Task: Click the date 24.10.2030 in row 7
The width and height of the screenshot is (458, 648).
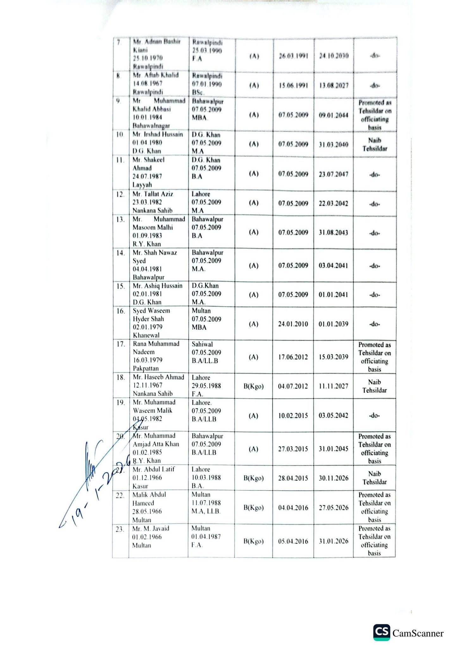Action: pos(334,56)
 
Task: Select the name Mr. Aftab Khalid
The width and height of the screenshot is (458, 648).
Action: pos(156,75)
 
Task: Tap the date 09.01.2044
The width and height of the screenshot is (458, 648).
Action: pos(334,115)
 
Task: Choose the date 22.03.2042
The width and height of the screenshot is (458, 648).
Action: pos(334,203)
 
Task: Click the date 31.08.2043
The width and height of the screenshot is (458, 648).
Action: pos(334,233)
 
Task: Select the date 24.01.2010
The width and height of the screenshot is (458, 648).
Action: pos(293,324)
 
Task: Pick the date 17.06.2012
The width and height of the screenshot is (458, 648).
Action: pos(293,357)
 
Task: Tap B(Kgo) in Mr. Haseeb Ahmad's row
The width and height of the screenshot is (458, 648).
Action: pos(254,386)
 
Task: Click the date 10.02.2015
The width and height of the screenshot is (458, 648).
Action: pos(293,416)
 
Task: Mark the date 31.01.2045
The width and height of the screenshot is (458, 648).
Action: pos(334,449)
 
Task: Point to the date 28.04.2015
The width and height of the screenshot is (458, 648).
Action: pos(293,478)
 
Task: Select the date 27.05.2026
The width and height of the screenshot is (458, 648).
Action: pos(334,508)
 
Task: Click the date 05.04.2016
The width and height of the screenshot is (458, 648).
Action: pos(293,541)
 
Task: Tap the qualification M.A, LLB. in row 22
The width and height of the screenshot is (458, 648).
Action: pos(206,511)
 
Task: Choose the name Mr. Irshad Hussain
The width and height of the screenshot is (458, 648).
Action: pos(158,134)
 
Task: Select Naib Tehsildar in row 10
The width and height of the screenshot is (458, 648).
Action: pos(374,144)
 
